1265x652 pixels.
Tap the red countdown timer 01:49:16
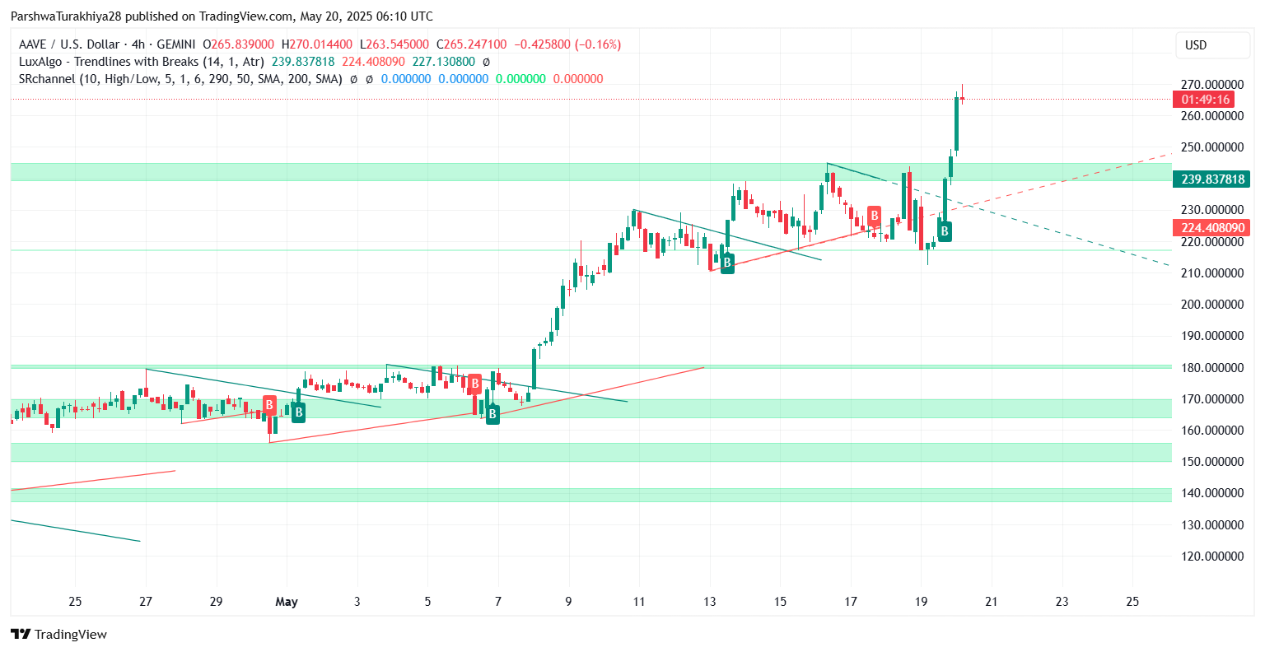pyautogui.click(x=1204, y=100)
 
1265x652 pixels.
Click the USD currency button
pyautogui.click(x=1196, y=45)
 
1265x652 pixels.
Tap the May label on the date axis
pyautogui.click(x=287, y=602)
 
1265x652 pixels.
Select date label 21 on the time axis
pyautogui.click(x=992, y=602)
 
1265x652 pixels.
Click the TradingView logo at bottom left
pyautogui.click(x=59, y=634)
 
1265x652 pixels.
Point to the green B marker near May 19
pyautogui.click(x=945, y=231)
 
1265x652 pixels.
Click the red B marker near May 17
pyautogui.click(x=874, y=217)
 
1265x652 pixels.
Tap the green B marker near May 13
pyautogui.click(x=727, y=263)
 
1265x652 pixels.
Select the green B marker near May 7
pyautogui.click(x=492, y=414)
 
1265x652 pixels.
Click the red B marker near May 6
pyautogui.click(x=474, y=384)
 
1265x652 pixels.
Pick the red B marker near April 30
pyautogui.click(x=269, y=405)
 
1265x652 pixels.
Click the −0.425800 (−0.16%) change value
pyautogui.click(x=567, y=44)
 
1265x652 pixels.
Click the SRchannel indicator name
pyautogui.click(x=47, y=79)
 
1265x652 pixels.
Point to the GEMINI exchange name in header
pyautogui.click(x=175, y=44)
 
